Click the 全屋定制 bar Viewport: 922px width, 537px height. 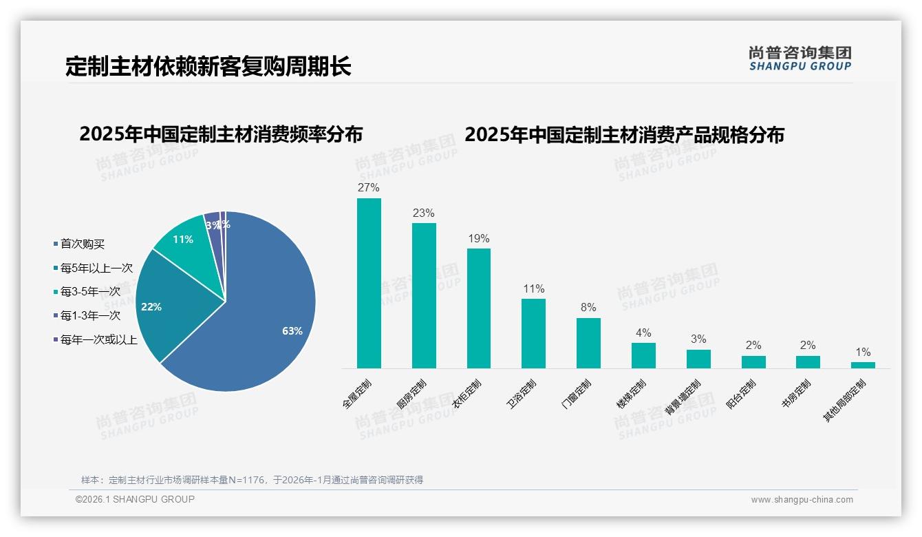tap(369, 283)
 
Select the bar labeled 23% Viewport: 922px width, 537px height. tap(424, 295)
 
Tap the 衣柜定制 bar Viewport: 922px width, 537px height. tap(479, 308)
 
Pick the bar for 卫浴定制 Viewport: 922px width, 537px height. tap(533, 333)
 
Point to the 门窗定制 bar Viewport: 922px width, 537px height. tap(588, 343)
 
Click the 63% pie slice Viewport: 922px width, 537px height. tap(261, 324)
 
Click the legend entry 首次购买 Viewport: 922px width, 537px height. tap(82, 244)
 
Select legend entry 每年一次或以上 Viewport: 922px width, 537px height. tap(98, 339)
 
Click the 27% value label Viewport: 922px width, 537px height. tap(369, 187)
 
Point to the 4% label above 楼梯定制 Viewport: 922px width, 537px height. tap(643, 333)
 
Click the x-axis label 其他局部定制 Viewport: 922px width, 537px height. tap(846, 401)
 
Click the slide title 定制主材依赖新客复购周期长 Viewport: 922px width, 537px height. tap(208, 66)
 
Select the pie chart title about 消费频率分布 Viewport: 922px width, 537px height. tap(221, 134)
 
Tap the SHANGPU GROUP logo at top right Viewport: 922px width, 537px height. tap(800, 59)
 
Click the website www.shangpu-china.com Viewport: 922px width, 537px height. tap(802, 500)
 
